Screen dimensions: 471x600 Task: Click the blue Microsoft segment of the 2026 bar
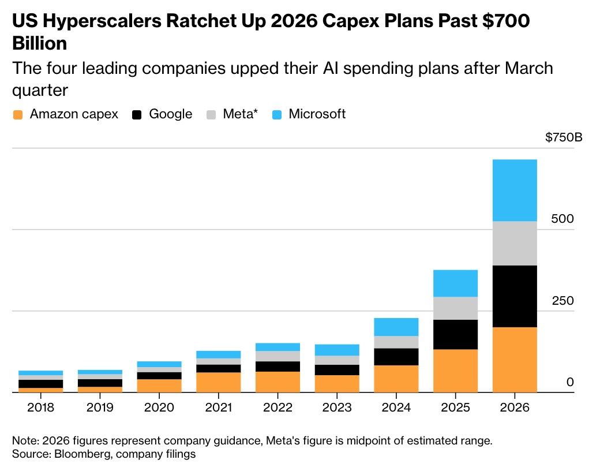click(515, 190)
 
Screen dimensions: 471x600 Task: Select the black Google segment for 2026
click(515, 296)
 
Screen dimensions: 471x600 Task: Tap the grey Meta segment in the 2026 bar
click(515, 243)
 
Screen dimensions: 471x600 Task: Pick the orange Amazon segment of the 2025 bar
click(455, 371)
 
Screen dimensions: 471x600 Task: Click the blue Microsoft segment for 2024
click(396, 327)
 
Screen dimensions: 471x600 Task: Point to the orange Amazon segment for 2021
click(218, 382)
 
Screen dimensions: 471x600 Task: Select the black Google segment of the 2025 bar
click(455, 334)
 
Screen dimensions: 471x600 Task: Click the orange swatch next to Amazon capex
click(18, 114)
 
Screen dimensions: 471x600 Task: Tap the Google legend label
click(170, 114)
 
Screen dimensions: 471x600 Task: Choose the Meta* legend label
click(240, 114)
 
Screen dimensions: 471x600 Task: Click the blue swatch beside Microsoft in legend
click(277, 114)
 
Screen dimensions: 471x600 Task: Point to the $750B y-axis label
click(563, 137)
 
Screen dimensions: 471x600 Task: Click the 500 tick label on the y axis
click(563, 219)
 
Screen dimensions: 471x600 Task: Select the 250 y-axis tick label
click(563, 301)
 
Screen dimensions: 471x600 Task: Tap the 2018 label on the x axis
click(40, 408)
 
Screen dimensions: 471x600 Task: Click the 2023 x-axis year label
click(336, 408)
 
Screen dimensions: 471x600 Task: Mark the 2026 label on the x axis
click(515, 408)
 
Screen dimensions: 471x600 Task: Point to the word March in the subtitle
click(528, 68)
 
